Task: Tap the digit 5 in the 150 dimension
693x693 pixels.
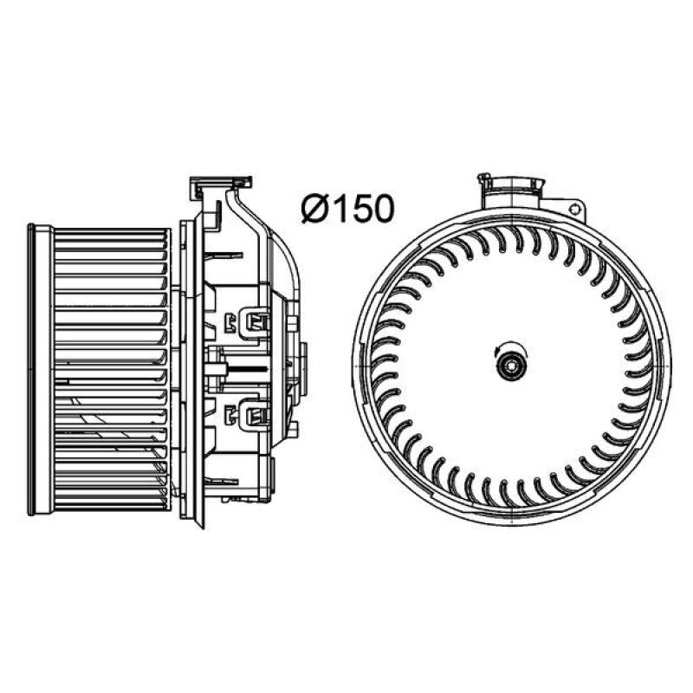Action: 360,209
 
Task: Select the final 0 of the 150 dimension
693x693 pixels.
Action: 382,209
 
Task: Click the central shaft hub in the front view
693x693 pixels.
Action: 510,366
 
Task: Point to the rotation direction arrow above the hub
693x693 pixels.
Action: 509,345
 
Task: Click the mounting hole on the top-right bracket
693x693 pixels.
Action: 575,210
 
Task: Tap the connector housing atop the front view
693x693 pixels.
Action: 513,192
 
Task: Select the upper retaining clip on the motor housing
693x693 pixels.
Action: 255,322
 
